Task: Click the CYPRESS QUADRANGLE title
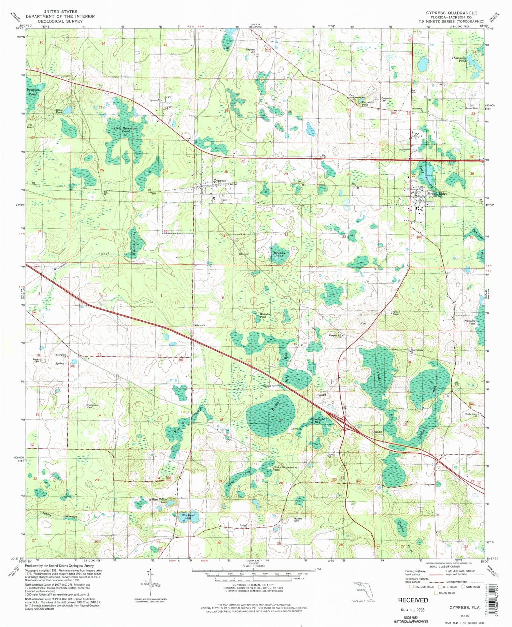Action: [x=451, y=13]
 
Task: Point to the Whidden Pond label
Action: [x=265, y=316]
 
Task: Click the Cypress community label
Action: [x=219, y=180]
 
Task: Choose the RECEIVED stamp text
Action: [x=413, y=600]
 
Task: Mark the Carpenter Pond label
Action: [x=368, y=103]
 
